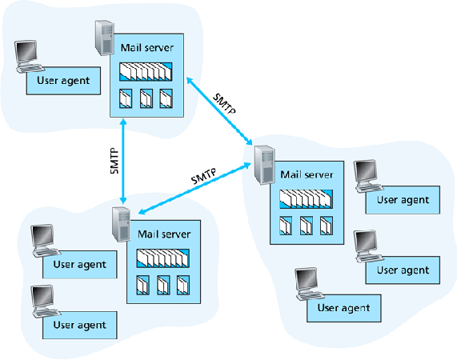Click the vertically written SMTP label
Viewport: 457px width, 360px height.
(114, 161)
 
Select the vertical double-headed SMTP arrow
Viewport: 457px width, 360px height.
(123, 161)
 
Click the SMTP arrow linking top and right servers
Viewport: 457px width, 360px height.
(219, 111)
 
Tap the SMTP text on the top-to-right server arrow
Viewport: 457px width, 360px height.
(224, 104)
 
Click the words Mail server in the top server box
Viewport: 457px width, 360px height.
(147, 48)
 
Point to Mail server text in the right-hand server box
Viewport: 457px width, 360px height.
(307, 174)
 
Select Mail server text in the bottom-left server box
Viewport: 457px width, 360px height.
(164, 234)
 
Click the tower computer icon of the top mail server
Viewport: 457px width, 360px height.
(104, 38)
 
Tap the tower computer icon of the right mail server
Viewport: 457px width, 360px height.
(264, 165)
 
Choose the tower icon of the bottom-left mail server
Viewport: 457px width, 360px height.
(121, 225)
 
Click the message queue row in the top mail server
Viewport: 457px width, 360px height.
(146, 72)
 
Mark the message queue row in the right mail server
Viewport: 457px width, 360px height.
(306, 199)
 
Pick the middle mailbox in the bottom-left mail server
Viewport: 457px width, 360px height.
(163, 285)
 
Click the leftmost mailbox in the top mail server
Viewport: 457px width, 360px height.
(126, 98)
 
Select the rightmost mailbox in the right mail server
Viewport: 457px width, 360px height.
(327, 226)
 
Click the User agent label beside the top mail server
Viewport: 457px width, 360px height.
(63, 81)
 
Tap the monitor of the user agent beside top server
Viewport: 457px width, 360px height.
(27, 53)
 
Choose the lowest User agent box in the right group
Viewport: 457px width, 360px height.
(344, 308)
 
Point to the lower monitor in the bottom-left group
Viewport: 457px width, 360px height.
(43, 298)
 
